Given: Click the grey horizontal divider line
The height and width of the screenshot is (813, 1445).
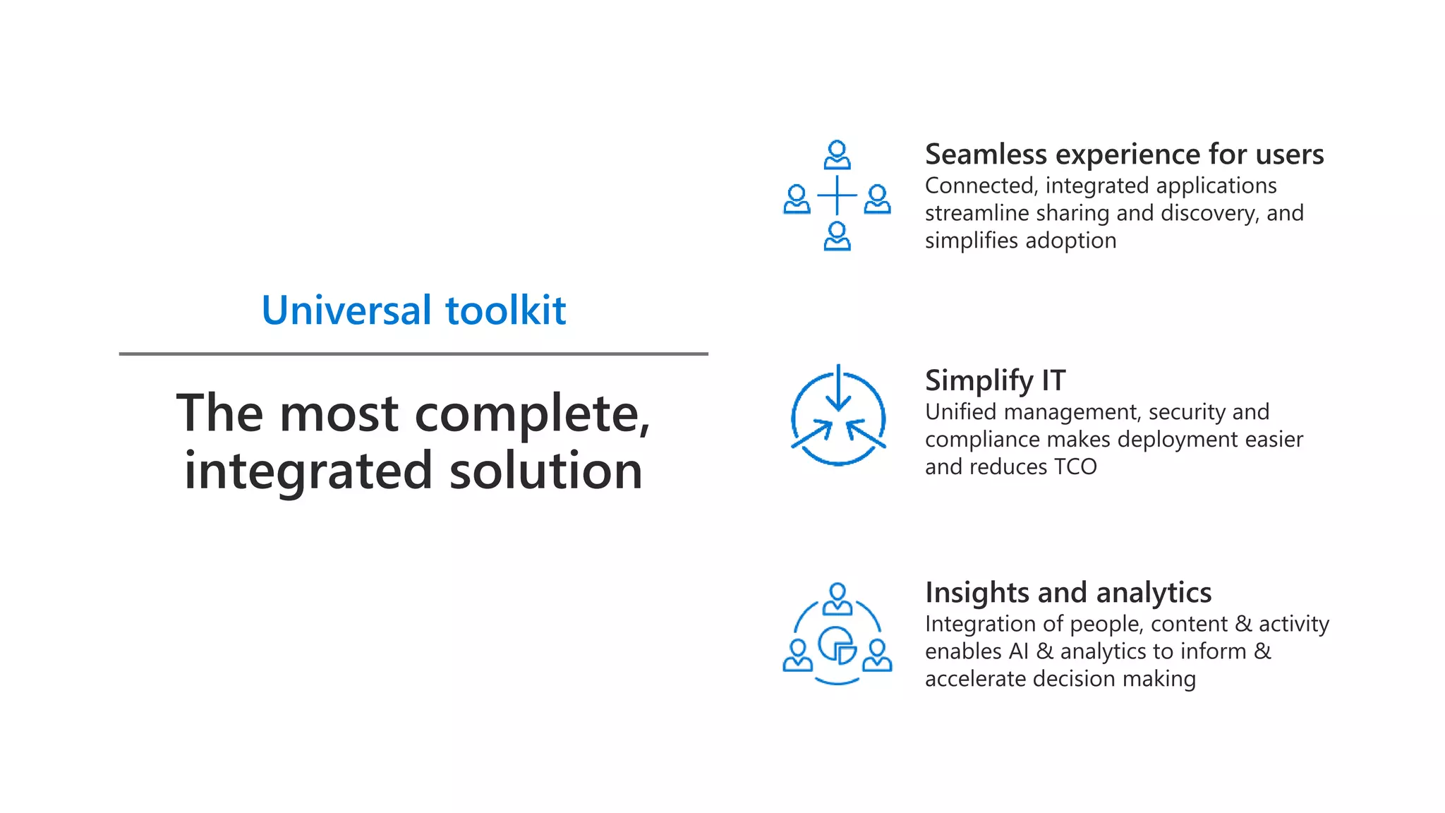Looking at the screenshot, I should (413, 354).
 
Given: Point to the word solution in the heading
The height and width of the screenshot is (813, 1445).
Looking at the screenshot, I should (545, 471).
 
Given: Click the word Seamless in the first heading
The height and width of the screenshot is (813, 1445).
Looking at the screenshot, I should (986, 155).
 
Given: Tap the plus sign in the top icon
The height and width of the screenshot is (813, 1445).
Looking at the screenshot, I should (837, 195).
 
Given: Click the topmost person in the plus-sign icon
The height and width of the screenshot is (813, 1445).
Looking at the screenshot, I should (837, 155).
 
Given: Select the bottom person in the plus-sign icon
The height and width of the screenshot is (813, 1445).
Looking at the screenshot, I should (837, 236).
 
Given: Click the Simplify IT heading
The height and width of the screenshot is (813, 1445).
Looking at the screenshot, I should (995, 381).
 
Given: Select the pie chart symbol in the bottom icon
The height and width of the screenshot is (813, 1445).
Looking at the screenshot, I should (838, 645).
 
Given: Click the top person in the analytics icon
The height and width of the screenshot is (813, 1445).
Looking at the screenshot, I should (838, 599).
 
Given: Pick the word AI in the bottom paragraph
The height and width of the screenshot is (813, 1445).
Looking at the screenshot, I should (1018, 651).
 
